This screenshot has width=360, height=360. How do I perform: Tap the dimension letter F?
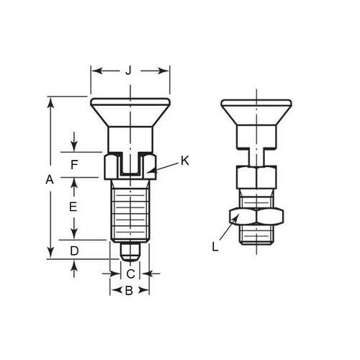73,164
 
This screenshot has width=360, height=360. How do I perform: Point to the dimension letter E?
73,207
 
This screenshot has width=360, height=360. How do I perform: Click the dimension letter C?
130,274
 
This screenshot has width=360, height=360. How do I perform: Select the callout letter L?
214,247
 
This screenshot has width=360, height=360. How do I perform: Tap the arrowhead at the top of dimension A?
50,100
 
